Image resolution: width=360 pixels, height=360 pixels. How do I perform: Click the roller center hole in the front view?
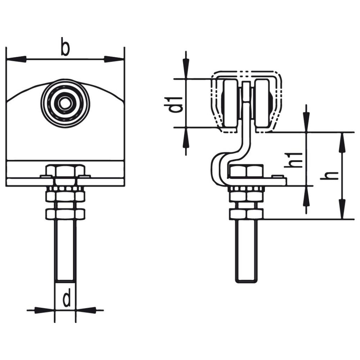pos(65,103)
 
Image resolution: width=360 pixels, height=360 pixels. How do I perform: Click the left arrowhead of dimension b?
pos(16,59)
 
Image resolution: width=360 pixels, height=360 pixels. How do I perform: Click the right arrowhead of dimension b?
pos(114,59)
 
